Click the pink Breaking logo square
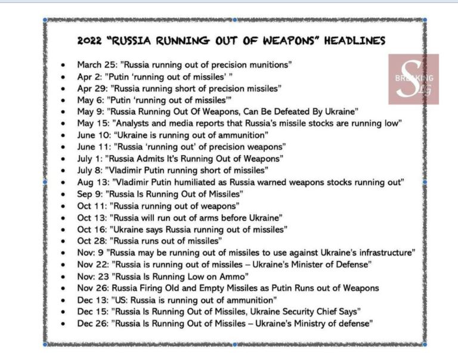(x=414, y=79)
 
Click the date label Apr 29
(x=91, y=88)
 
